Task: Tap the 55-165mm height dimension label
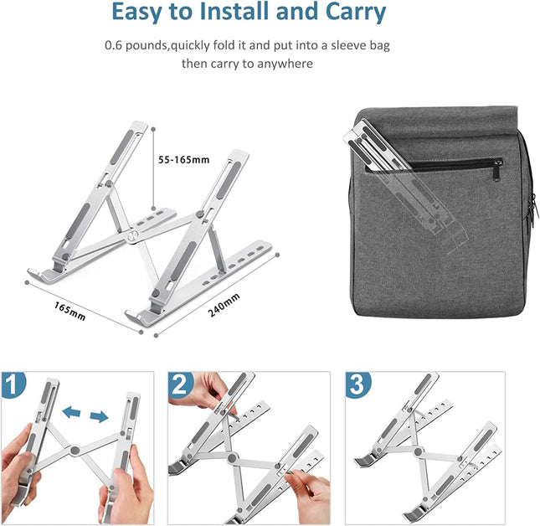click(184, 160)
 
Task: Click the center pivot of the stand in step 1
click(77, 450)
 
